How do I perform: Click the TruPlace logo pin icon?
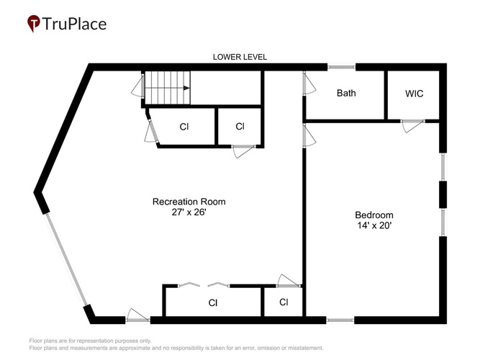[x=34, y=23]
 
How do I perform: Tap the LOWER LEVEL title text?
[x=240, y=57]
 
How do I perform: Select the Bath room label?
[x=346, y=93]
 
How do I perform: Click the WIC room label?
[x=415, y=94]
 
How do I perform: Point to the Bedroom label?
[x=374, y=215]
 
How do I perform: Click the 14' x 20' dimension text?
[x=374, y=225]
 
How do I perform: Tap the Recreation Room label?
[x=189, y=202]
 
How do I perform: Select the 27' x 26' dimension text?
[x=189, y=212]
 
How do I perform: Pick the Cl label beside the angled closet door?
[x=184, y=127]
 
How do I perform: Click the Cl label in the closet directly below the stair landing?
[x=240, y=126]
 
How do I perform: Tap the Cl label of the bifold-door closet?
[x=213, y=302]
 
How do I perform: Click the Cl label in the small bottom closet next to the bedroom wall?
[x=284, y=302]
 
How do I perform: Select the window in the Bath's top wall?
[x=341, y=67]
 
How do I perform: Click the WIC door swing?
[x=412, y=125]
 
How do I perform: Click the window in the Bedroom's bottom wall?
[x=340, y=320]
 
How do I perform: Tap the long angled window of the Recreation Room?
[x=65, y=259]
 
